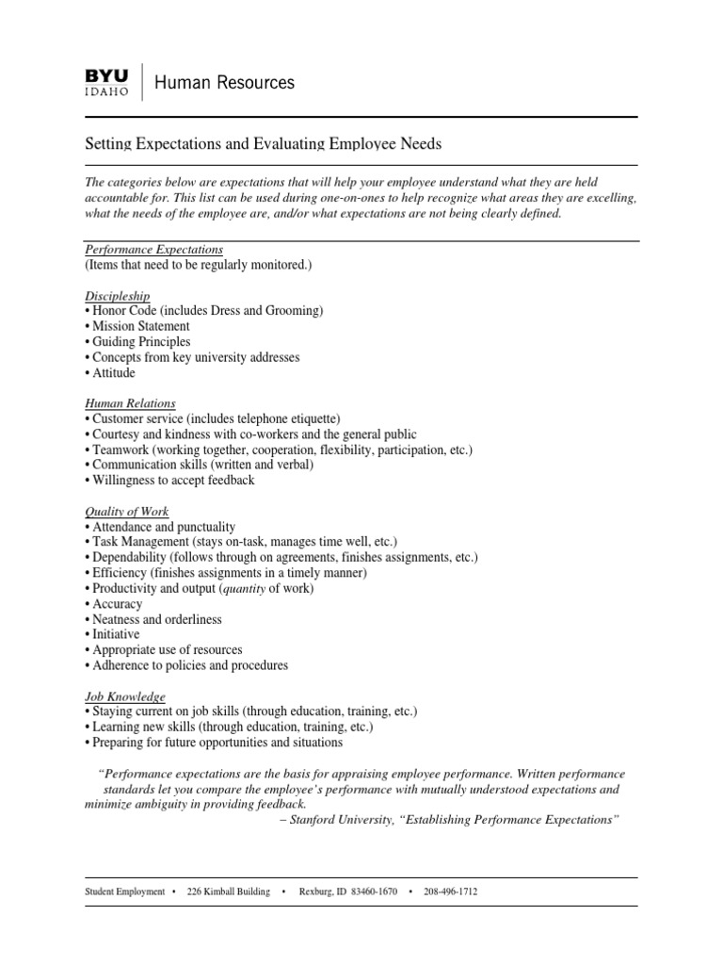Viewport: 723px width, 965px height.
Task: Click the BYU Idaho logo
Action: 109,82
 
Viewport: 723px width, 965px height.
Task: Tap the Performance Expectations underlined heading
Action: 153,250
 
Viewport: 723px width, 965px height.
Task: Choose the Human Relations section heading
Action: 130,403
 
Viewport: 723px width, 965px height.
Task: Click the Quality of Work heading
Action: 127,512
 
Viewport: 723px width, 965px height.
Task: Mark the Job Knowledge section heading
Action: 125,695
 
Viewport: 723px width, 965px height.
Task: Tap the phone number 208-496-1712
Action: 450,891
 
